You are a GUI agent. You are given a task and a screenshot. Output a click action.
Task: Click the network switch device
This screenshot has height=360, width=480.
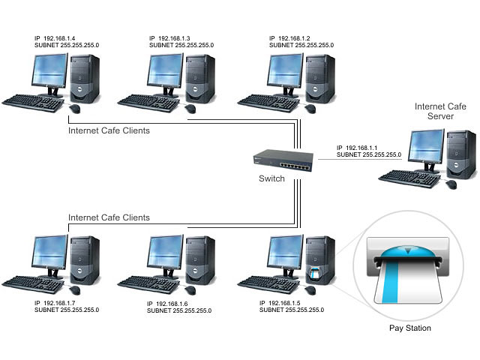coord(283,160)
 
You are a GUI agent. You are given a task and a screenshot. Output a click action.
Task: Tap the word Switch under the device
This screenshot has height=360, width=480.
coord(271,178)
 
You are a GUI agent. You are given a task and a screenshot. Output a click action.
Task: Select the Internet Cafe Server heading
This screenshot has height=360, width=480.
coord(440,112)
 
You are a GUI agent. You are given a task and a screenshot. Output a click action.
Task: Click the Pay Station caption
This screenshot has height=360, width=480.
coord(410,328)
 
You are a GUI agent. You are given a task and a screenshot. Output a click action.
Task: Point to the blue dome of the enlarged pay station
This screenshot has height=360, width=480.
coord(408,252)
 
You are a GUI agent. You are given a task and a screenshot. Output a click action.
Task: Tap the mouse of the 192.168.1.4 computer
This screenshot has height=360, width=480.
coord(75,108)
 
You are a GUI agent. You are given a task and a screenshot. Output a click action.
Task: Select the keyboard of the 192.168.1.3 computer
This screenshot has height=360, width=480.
coord(148,103)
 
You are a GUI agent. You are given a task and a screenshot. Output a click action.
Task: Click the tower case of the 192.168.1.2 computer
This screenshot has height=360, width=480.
coord(320,79)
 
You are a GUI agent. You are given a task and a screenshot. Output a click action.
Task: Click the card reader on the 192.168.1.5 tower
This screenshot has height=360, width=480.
coord(314,273)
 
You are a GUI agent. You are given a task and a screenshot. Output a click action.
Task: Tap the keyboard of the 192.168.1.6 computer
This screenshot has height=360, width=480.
coord(148,284)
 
